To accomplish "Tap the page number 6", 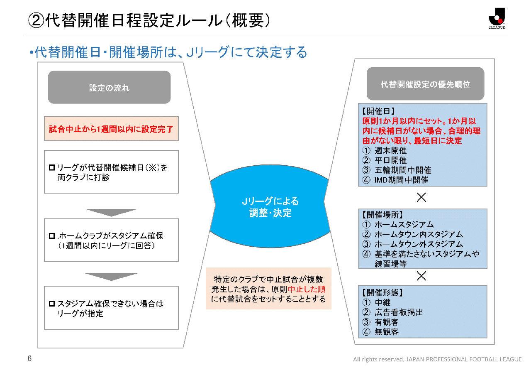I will pyautogui.click(x=29, y=358).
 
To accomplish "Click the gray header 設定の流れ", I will pyautogui.click(x=109, y=88).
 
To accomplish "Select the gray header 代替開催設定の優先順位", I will pyautogui.click(x=425, y=84).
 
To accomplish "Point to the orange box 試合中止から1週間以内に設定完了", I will pyautogui.click(x=111, y=128).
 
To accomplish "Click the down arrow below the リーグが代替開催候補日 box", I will pyautogui.click(x=111, y=212).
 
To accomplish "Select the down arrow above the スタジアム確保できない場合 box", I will pyautogui.click(x=111, y=277).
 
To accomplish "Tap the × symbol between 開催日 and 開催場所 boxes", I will pyautogui.click(x=421, y=198).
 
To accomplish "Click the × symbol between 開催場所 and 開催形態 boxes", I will pyautogui.click(x=421, y=276).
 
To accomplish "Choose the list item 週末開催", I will pyautogui.click(x=390, y=150).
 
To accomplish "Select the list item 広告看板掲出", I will pyautogui.click(x=398, y=312).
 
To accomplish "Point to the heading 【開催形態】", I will pyautogui.click(x=382, y=293).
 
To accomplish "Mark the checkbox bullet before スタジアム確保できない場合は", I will pyautogui.click(x=52, y=304).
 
